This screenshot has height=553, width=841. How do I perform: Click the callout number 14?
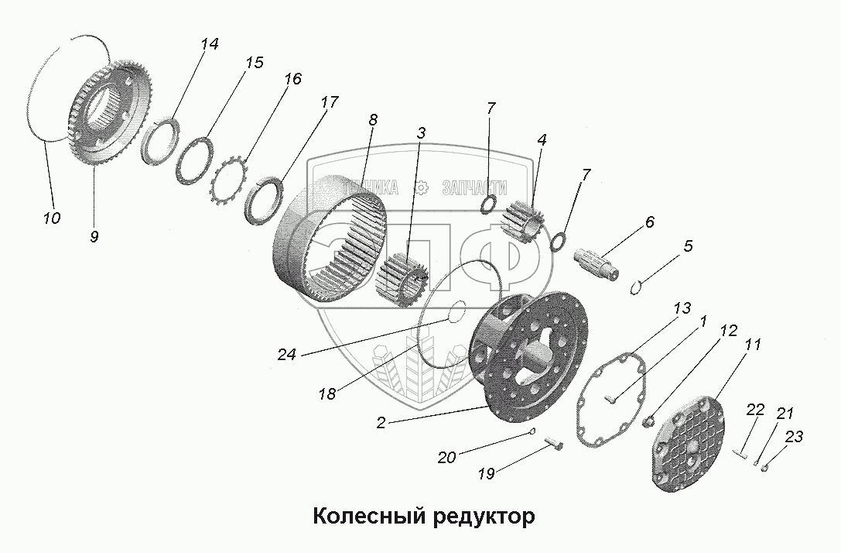208,45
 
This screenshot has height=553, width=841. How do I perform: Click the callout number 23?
793,438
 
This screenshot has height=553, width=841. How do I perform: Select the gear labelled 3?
402,280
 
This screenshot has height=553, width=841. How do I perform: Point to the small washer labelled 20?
533,431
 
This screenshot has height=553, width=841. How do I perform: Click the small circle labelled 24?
456,311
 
